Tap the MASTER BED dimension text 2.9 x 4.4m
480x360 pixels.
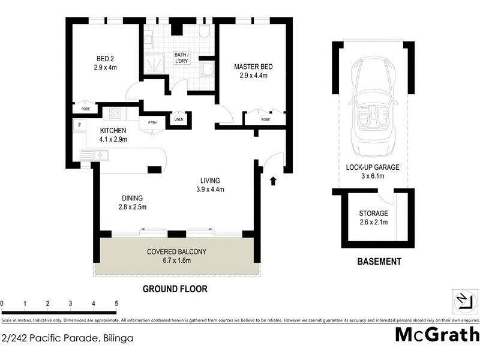[x=250, y=76]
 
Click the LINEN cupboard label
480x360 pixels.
[x=178, y=119]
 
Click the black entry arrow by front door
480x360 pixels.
[x=274, y=179]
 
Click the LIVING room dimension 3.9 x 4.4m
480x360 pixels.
[x=209, y=190]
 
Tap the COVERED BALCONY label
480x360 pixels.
[x=176, y=252]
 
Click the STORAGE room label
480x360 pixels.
[x=373, y=214]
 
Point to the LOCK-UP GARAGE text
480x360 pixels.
[x=373, y=167]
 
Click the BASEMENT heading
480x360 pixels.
[x=379, y=262]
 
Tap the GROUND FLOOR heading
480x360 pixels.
[x=175, y=289]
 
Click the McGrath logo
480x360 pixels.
[x=437, y=335]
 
